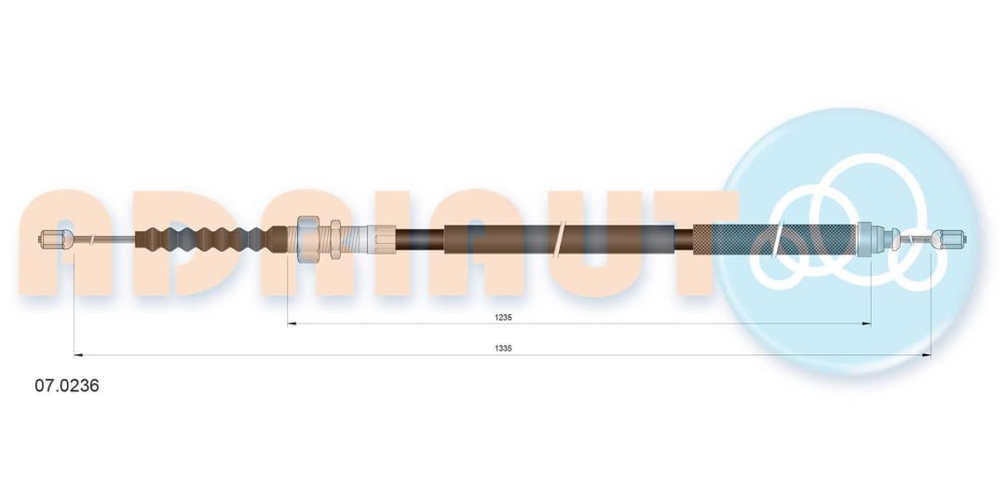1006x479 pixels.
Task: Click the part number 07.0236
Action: pos(67,386)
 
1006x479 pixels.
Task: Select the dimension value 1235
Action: pos(503,317)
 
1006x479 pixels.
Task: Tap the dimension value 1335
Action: pos(503,348)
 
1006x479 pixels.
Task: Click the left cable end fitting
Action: pos(54,239)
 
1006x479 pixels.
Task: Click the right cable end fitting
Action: pos(949,239)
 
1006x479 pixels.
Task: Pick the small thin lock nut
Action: pos(335,239)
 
